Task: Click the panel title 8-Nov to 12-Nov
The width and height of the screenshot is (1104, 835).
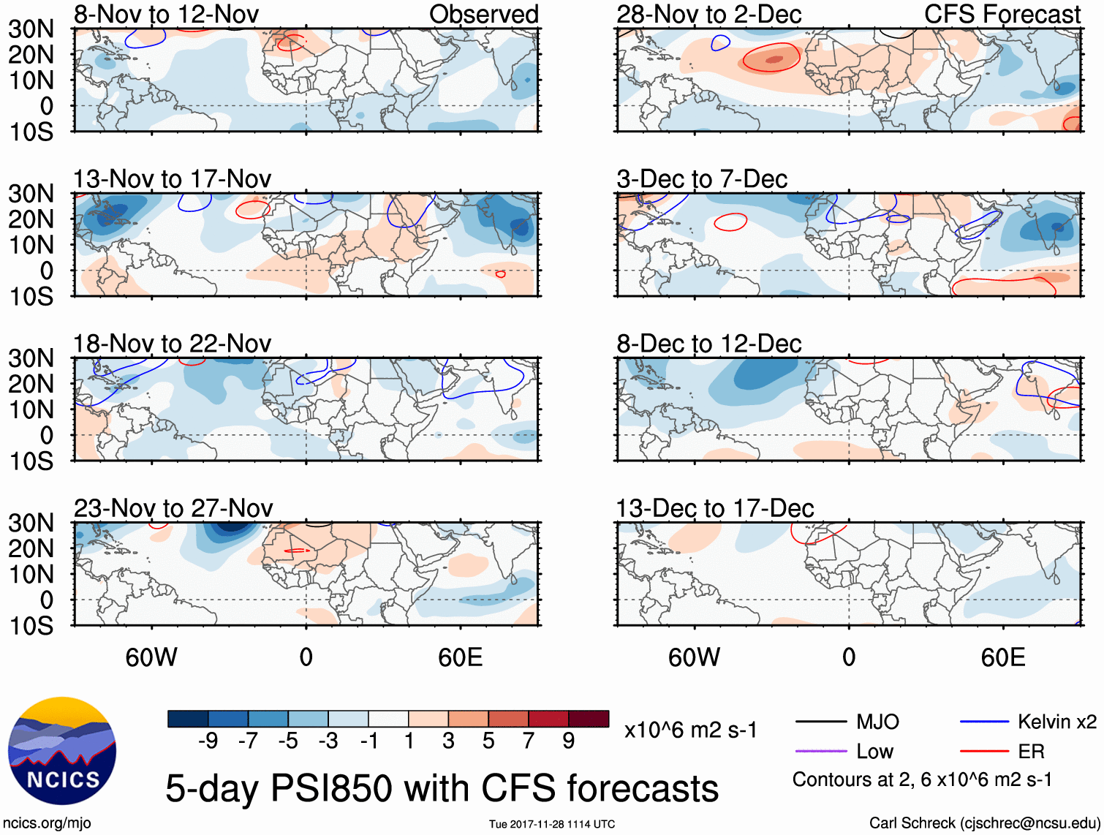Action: [x=166, y=15]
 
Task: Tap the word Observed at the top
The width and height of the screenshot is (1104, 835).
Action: [x=483, y=15]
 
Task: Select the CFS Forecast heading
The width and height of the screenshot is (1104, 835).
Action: [x=1002, y=15]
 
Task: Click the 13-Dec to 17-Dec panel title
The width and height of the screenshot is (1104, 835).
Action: [x=714, y=508]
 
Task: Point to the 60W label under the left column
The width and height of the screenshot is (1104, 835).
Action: [x=151, y=657]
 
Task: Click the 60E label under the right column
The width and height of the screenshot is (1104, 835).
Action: [x=1002, y=657]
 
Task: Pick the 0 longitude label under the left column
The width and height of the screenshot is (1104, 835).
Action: [x=306, y=657]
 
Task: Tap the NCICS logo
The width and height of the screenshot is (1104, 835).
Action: [x=62, y=751]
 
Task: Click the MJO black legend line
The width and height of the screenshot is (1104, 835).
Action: [x=820, y=722]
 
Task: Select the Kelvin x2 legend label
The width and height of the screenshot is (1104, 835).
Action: [x=1056, y=722]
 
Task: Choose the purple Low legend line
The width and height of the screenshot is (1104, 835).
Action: [x=820, y=751]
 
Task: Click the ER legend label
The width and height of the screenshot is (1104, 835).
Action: [x=1031, y=751]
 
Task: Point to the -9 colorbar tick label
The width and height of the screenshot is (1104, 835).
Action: [x=208, y=741]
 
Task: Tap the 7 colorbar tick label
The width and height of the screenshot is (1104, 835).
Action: [x=529, y=741]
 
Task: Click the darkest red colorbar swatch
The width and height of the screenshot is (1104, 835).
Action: [x=589, y=719]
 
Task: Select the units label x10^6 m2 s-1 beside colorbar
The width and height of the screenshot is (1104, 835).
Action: [x=690, y=730]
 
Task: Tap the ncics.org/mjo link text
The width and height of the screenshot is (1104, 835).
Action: [x=47, y=823]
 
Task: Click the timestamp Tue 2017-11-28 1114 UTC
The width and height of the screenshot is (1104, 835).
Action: [x=552, y=824]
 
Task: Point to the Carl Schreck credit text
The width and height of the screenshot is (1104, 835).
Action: [x=984, y=823]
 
